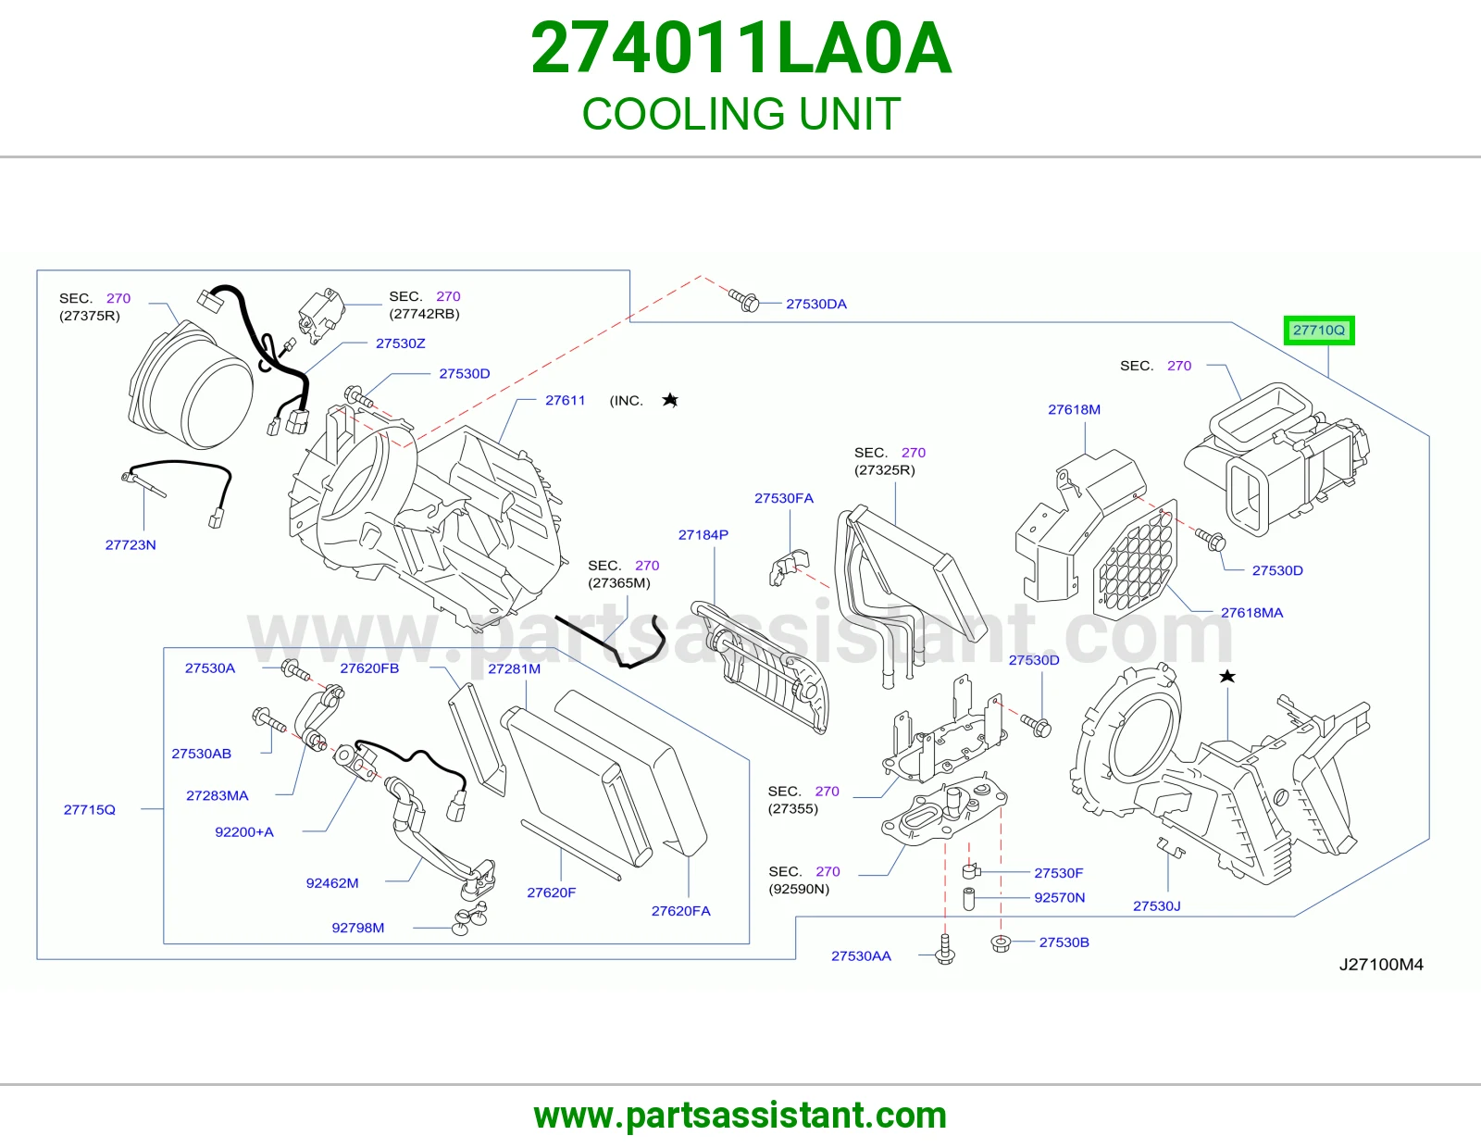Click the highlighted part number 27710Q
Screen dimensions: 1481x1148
pos(1319,330)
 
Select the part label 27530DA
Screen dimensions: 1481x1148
pos(815,304)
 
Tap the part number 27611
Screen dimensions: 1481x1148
pos(565,400)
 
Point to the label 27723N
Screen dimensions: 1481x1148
pos(131,544)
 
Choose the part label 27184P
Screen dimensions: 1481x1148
pos(703,534)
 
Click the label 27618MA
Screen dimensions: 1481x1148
pos(1251,612)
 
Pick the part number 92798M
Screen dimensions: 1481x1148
pos(358,927)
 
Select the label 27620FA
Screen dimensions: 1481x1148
pos(680,911)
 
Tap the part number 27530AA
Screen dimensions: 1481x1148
pos(861,955)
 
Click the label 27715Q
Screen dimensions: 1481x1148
pos(89,809)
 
